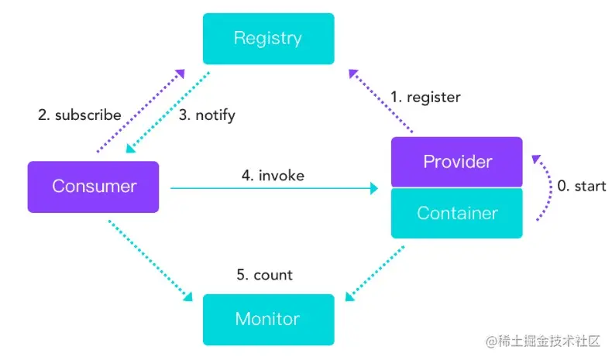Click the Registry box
269,39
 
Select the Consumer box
93,187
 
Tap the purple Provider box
456,162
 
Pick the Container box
456,213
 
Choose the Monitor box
269,320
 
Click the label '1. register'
425,97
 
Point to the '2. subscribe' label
80,115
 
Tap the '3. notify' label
207,115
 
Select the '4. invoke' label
273,176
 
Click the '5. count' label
265,275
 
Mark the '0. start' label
582,186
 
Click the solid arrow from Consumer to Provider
274,188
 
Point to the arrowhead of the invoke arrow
374,188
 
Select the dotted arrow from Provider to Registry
380,101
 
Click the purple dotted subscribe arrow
140,111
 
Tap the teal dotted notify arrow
168,112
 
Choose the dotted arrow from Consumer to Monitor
150,261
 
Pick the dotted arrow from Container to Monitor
375,273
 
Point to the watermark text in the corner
543,341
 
